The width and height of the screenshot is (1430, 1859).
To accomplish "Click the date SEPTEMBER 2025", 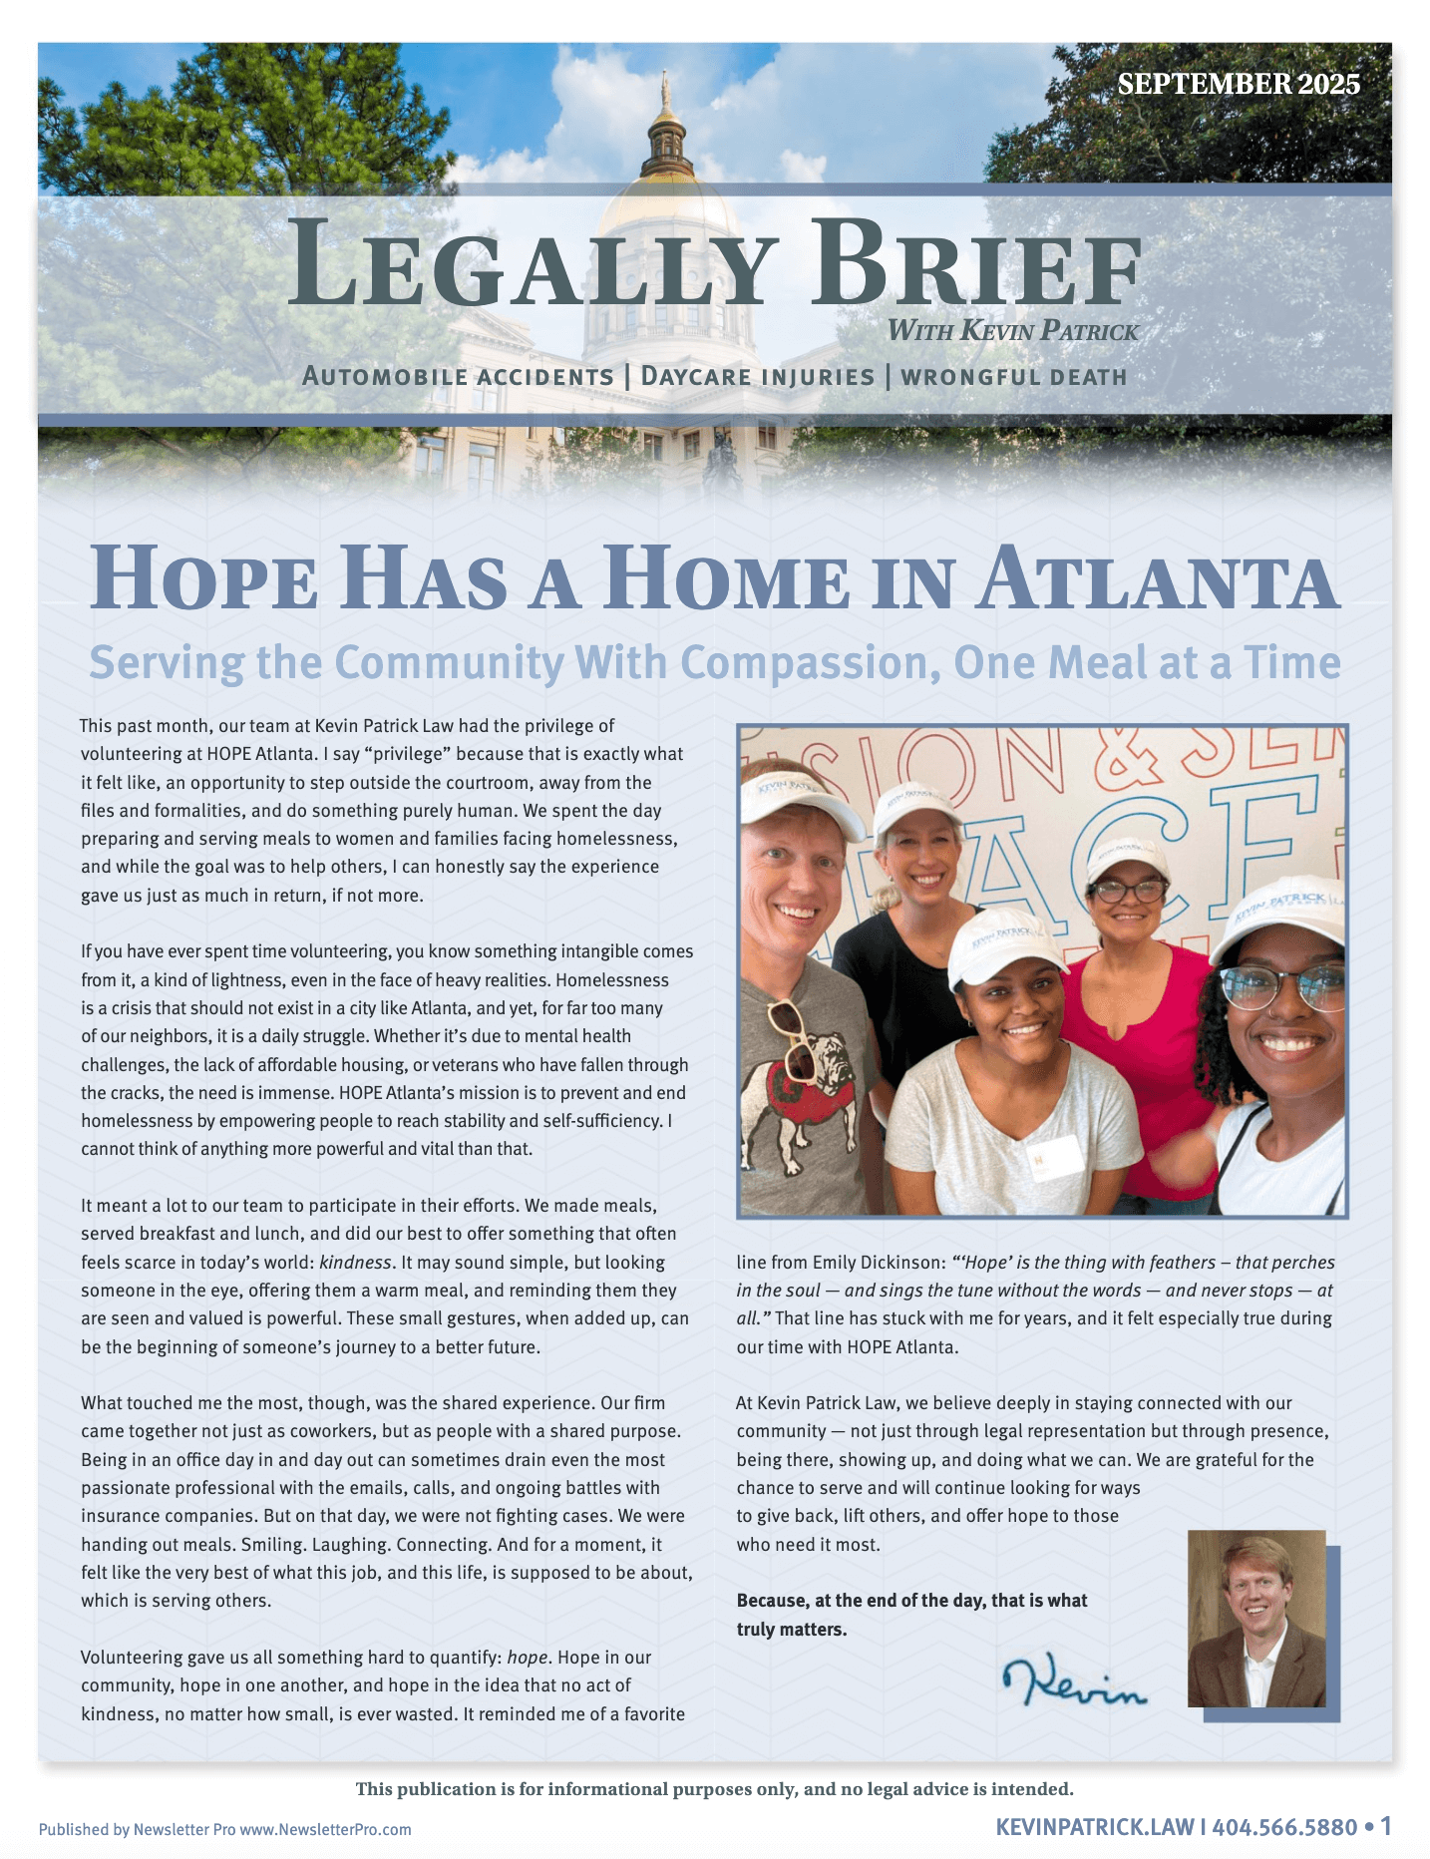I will click(x=1238, y=84).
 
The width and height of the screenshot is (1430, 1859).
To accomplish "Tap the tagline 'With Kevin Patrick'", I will click(x=1012, y=330).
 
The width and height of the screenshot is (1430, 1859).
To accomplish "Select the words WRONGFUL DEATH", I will click(x=1013, y=377).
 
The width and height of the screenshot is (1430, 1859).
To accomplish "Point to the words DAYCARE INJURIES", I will click(x=757, y=377).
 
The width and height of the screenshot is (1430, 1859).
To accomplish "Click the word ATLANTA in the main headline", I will click(x=1157, y=580).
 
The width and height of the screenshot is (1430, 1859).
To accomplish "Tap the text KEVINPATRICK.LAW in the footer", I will click(x=1094, y=1827).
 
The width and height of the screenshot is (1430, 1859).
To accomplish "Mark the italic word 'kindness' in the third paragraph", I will click(x=355, y=1263).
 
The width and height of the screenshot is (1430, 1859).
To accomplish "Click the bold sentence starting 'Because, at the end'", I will click(x=911, y=1615).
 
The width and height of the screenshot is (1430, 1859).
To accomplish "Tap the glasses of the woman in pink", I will click(x=1129, y=890).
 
